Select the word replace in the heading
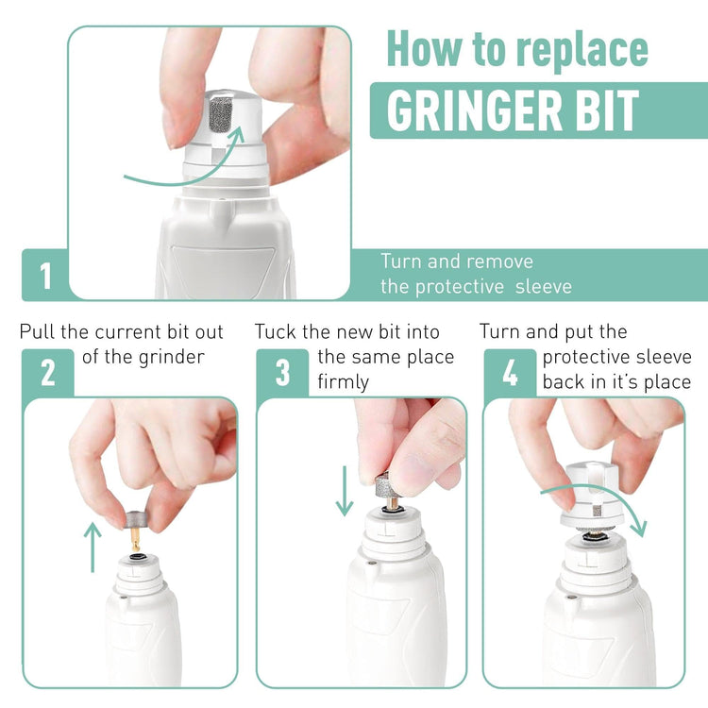pyautogui.click(x=582, y=51)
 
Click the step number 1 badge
pyautogui.click(x=45, y=276)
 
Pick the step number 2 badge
pyautogui.click(x=48, y=373)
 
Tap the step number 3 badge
pyautogui.click(x=282, y=373)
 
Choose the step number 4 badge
pyautogui.click(x=510, y=373)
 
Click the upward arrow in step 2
pyautogui.click(x=93, y=548)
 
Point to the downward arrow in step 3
pyautogui.click(x=345, y=491)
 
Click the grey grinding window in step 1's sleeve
pyautogui.click(x=221, y=115)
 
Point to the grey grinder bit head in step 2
pyautogui.click(x=136, y=520)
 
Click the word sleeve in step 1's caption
pyautogui.click(x=544, y=287)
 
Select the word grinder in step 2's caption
pyautogui.click(x=172, y=358)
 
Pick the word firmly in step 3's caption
pyautogui.click(x=344, y=382)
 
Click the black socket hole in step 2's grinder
pyautogui.click(x=136, y=557)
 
